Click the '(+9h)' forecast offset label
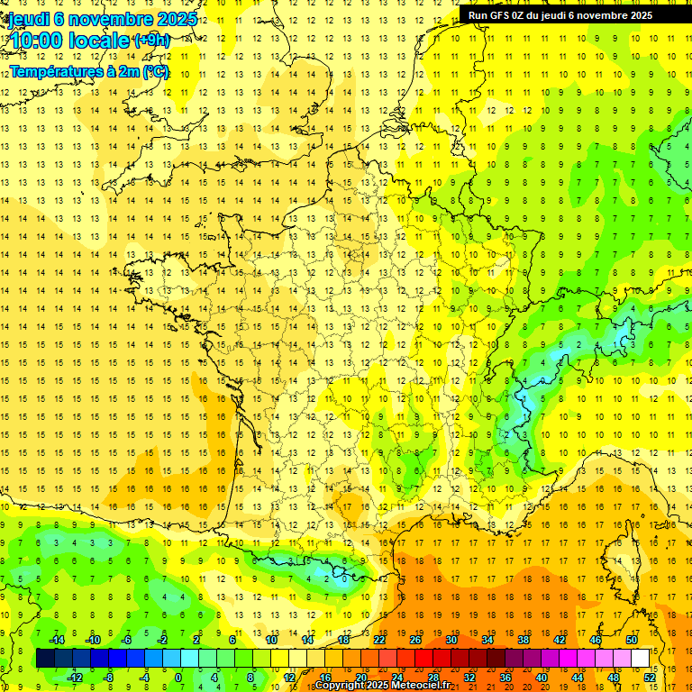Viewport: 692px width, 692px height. pyautogui.click(x=150, y=40)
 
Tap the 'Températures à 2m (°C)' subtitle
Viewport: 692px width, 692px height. pyautogui.click(x=89, y=71)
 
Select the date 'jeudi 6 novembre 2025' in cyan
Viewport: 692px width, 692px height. pyautogui.click(x=101, y=19)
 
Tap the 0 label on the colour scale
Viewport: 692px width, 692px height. pyautogui.click(x=178, y=678)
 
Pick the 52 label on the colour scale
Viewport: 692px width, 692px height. pyautogui.click(x=650, y=678)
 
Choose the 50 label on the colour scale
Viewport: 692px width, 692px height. pyautogui.click(x=632, y=640)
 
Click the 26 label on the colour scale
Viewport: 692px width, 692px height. pyautogui.click(x=415, y=640)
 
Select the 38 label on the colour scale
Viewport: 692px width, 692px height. pyautogui.click(x=524, y=640)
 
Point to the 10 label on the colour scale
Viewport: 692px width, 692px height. pyautogui.click(x=271, y=640)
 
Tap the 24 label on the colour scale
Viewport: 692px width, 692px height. pyautogui.click(x=397, y=678)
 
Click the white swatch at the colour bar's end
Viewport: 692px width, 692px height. pyautogui.click(x=641, y=659)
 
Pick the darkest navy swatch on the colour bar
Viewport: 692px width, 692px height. pyautogui.click(x=45, y=659)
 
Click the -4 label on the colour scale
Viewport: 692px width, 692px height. pyautogui.click(x=144, y=678)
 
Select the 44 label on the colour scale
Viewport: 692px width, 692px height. pyautogui.click(x=578, y=678)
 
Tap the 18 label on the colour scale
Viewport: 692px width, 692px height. pyautogui.click(x=343, y=640)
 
